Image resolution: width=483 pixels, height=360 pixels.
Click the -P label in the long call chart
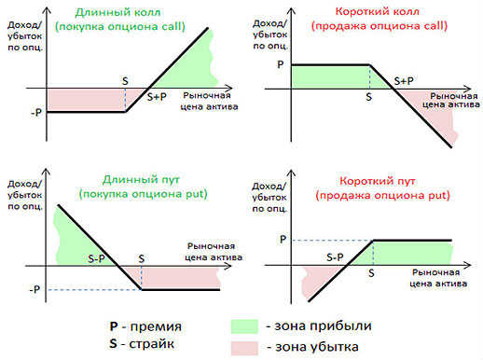(x=35, y=113)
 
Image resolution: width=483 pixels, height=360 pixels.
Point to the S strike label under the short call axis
(x=369, y=97)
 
